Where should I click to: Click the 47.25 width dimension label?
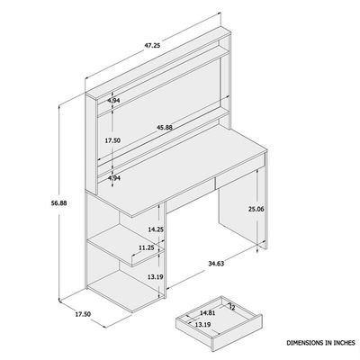152,46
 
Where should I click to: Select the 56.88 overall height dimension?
59,203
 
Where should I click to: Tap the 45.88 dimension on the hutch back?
165,127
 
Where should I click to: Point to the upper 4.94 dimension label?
113,101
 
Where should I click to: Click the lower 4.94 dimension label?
113,178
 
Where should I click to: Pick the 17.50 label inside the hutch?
112,140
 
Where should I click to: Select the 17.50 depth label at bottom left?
83,314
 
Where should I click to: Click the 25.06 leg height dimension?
256,210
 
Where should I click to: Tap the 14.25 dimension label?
156,229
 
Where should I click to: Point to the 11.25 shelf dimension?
146,247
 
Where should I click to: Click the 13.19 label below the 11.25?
156,277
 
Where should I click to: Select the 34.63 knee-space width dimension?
216,264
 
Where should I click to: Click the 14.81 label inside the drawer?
208,313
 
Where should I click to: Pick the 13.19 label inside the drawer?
202,324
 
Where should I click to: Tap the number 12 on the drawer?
231,307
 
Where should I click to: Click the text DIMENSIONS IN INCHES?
320,343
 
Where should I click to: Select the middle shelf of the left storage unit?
125,245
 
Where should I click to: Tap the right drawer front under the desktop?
240,172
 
